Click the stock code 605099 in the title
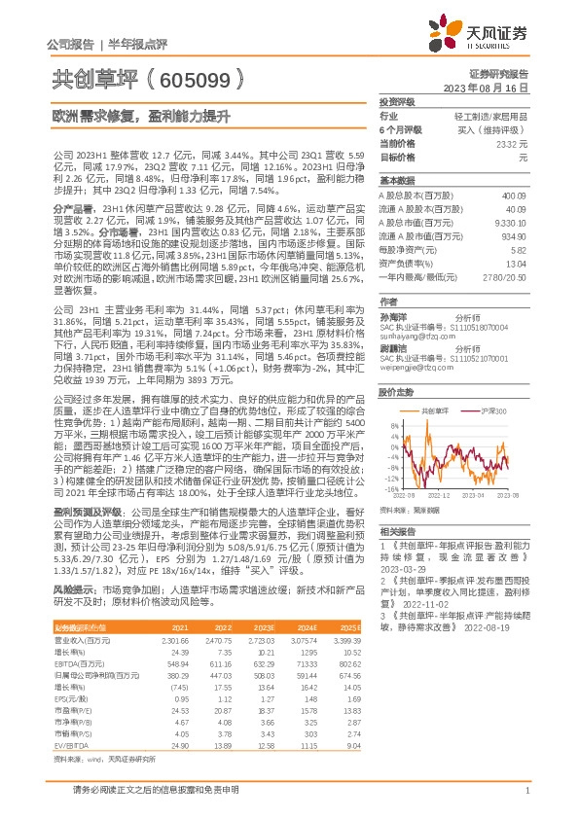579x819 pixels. point(196,80)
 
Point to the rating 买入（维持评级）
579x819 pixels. point(503,129)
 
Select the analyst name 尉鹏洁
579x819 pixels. point(392,347)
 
